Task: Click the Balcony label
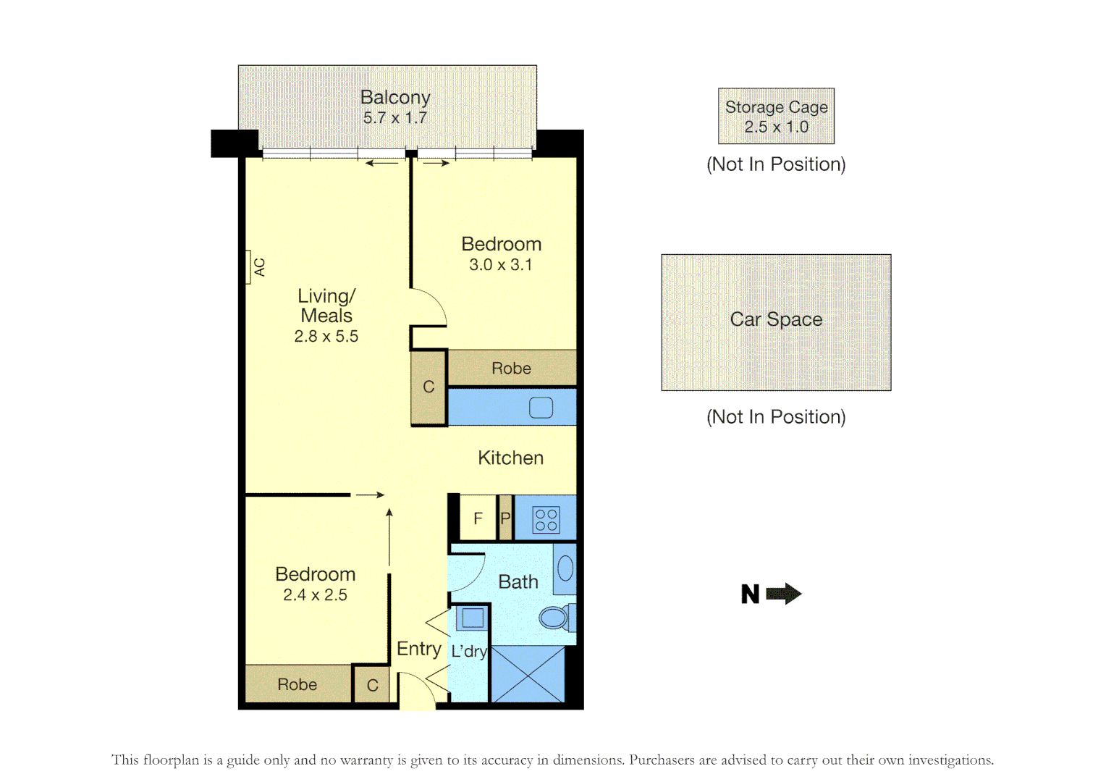click(x=395, y=97)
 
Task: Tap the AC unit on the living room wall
click(x=248, y=267)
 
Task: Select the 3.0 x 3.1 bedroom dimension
click(x=500, y=265)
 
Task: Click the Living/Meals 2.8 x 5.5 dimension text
click(x=326, y=337)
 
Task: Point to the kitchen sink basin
click(x=541, y=408)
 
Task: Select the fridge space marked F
click(x=478, y=518)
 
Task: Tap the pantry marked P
click(x=505, y=518)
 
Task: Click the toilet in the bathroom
click(x=554, y=618)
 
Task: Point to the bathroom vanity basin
click(x=565, y=568)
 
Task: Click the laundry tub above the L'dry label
click(x=473, y=618)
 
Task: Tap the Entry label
click(x=418, y=649)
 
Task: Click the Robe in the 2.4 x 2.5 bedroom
click(x=297, y=684)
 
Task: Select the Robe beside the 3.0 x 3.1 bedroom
click(x=511, y=368)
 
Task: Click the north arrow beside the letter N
click(x=783, y=594)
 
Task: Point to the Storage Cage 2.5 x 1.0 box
click(x=776, y=117)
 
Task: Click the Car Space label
click(x=776, y=319)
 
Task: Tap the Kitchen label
click(x=510, y=458)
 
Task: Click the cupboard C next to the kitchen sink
click(x=429, y=387)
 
